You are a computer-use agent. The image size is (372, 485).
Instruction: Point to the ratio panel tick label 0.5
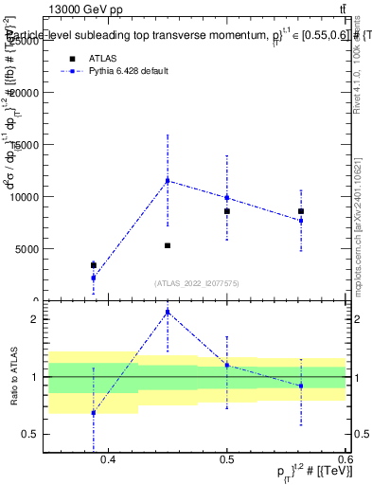[32, 435]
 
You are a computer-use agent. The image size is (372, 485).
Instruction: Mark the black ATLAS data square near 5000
[168, 245]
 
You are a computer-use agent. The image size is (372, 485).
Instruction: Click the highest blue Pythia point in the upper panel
[168, 180]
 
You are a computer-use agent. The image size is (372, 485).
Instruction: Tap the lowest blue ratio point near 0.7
[94, 413]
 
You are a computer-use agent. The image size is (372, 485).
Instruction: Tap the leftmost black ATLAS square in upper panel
[94, 265]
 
